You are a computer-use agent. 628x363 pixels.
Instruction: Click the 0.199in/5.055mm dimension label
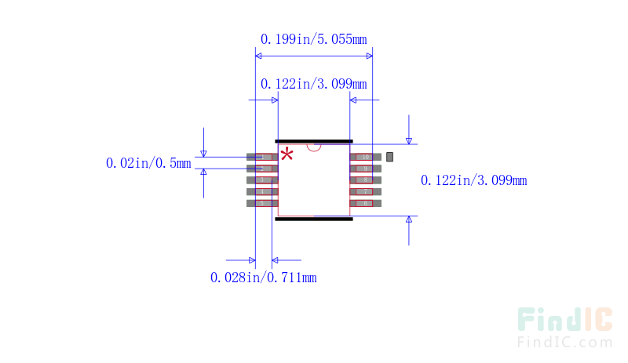coord(313,38)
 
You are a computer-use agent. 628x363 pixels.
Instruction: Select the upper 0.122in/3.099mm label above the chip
coord(313,84)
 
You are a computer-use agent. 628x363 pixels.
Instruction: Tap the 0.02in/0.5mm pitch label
coord(148,163)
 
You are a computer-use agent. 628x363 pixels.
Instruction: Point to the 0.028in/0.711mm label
coord(264,277)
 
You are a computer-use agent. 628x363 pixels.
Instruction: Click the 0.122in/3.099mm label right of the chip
coord(473,180)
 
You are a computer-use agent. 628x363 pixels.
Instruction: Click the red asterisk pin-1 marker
coord(287,154)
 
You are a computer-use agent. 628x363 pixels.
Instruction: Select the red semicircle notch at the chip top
coord(314,147)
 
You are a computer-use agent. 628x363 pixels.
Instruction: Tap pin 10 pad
coord(366,157)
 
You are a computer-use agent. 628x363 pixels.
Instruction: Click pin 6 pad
coord(366,203)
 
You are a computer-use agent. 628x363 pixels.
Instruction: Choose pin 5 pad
coord(262,203)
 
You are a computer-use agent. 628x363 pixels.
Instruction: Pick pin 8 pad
coord(366,180)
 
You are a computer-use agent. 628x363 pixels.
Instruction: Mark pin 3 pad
coord(262,180)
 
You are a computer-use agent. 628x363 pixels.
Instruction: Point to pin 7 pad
coord(366,191)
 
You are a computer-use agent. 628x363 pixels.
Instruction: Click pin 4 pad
coord(262,191)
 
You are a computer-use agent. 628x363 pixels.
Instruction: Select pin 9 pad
coord(366,169)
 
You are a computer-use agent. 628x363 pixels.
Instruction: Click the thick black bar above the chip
coord(314,142)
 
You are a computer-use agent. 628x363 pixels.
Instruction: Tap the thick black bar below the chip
coord(314,219)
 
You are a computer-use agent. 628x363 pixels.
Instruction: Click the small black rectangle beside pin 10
coord(389,157)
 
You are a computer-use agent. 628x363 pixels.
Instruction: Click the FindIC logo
coord(564,320)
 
